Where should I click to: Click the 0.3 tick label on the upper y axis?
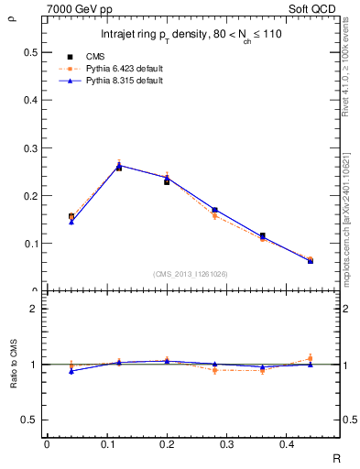pos(33,147)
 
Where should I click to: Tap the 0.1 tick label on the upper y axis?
pos(33,244)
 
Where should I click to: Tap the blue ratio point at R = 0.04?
pos(71,371)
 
